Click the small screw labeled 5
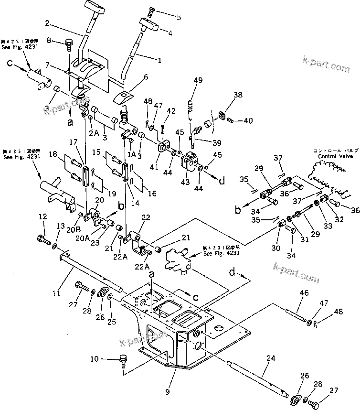coord(152,10)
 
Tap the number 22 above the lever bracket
coord(145,217)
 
